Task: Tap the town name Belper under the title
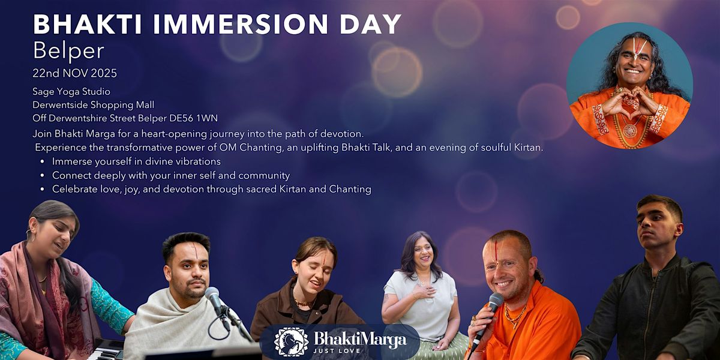pyautogui.click(x=61, y=52)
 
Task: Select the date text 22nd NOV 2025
pyautogui.click(x=75, y=74)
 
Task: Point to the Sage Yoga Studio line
pyautogui.click(x=72, y=91)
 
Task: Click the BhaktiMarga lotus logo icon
pyautogui.click(x=292, y=341)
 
